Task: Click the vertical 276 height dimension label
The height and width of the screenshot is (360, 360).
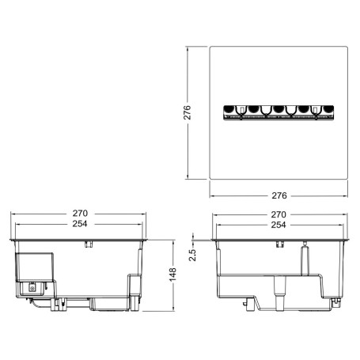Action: point(187,112)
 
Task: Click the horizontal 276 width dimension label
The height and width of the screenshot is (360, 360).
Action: point(279,195)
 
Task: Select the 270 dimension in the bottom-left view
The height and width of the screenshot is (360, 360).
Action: point(80,213)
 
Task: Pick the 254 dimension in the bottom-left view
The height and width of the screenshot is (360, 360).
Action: point(80,224)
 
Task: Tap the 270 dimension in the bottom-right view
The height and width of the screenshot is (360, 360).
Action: point(279,214)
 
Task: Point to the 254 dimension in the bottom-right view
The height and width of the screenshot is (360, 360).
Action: point(279,225)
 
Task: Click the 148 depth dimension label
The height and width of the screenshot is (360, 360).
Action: point(172,275)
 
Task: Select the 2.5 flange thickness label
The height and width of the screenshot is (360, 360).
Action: point(192,255)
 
